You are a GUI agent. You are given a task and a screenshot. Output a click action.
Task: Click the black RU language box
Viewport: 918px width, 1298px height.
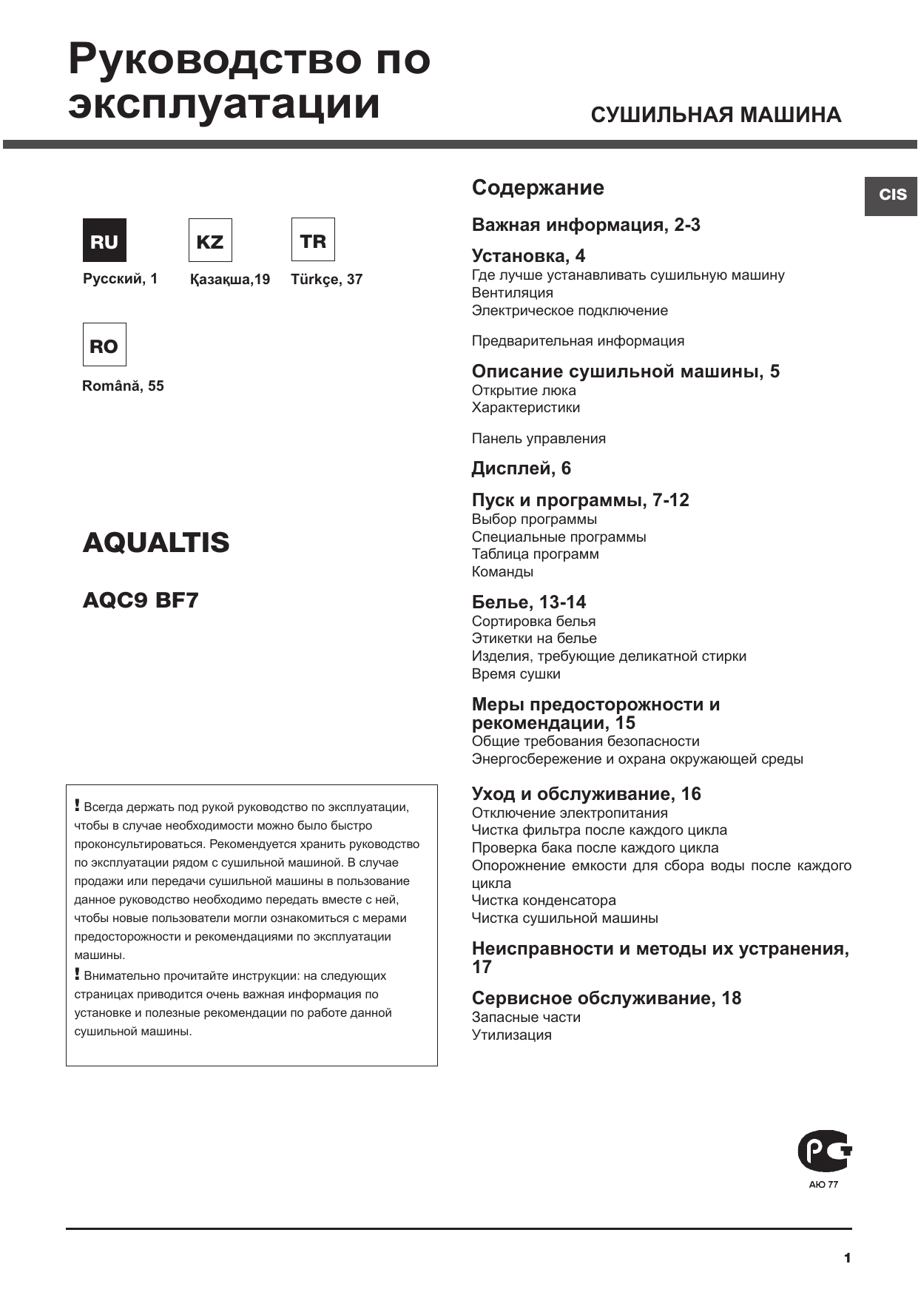pos(104,241)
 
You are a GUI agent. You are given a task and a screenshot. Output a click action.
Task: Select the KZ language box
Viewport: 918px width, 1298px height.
pos(210,241)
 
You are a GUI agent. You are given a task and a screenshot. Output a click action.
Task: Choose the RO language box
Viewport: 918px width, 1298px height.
pos(104,345)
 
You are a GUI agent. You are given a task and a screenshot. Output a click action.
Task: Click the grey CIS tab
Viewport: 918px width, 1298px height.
pos(891,195)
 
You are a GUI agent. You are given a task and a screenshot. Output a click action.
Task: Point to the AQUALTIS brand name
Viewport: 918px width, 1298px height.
pos(156,542)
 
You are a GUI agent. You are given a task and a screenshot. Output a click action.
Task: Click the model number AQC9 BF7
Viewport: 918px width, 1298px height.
pos(141,600)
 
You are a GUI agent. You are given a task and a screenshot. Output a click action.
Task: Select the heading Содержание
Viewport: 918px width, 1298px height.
pos(538,188)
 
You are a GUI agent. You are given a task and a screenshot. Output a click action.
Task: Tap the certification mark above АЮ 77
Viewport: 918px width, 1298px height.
pos(824,1151)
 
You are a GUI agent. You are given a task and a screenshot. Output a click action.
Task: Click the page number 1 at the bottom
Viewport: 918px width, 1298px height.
pos(847,1258)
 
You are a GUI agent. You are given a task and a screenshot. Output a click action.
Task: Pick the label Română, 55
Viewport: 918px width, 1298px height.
pos(123,386)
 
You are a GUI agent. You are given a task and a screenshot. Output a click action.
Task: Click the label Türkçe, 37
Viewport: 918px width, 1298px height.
pos(327,280)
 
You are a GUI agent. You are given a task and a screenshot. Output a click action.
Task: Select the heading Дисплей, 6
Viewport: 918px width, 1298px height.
pos(522,468)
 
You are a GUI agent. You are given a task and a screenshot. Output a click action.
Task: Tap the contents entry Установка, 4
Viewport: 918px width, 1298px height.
pos(528,256)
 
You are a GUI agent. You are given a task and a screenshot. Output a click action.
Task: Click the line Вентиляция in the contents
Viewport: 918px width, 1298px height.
pos(512,293)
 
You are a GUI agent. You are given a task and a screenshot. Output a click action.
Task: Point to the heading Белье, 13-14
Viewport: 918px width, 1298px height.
pos(529,602)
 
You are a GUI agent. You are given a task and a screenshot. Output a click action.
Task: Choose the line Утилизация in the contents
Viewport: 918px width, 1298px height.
pos(512,1035)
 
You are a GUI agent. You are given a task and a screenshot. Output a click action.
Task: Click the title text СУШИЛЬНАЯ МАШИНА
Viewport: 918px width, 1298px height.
pos(715,115)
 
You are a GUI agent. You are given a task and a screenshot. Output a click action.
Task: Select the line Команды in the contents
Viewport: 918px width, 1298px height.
pos(502,572)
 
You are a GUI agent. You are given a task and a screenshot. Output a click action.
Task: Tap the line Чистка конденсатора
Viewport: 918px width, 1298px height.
pos(544,901)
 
